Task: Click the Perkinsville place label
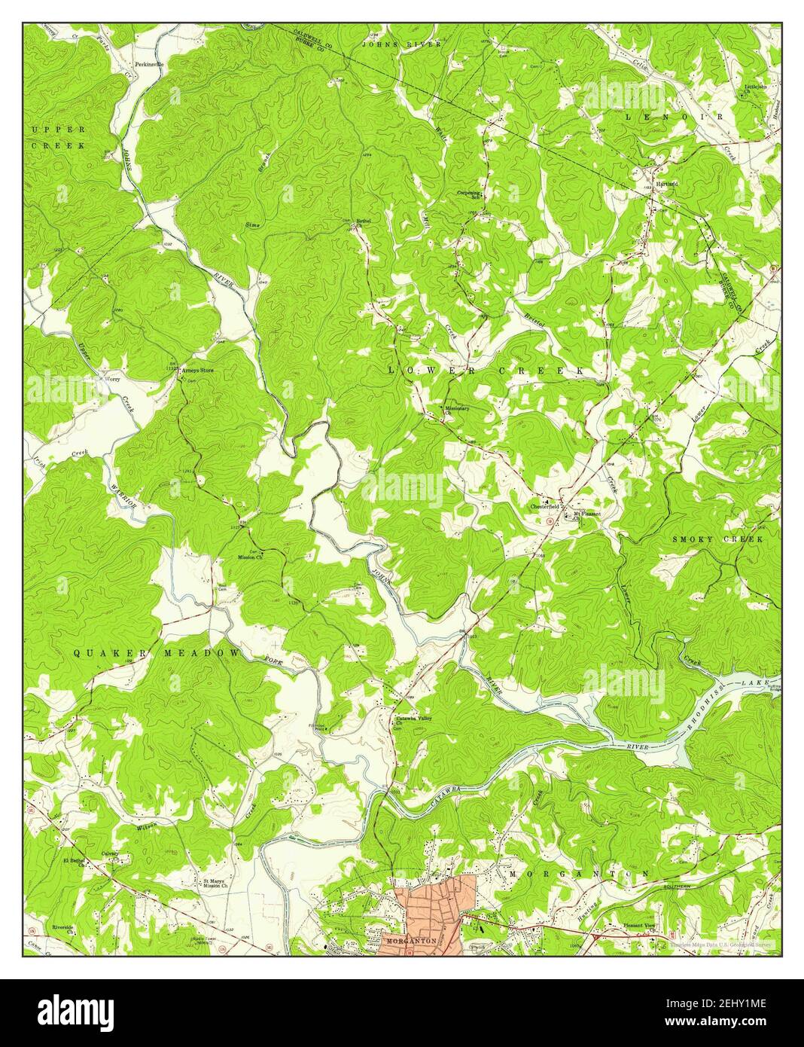[149, 64]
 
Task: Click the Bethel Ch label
[364, 223]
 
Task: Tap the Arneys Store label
[197, 370]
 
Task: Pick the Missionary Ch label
[456, 411]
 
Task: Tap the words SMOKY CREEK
[717, 539]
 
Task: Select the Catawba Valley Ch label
[413, 722]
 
